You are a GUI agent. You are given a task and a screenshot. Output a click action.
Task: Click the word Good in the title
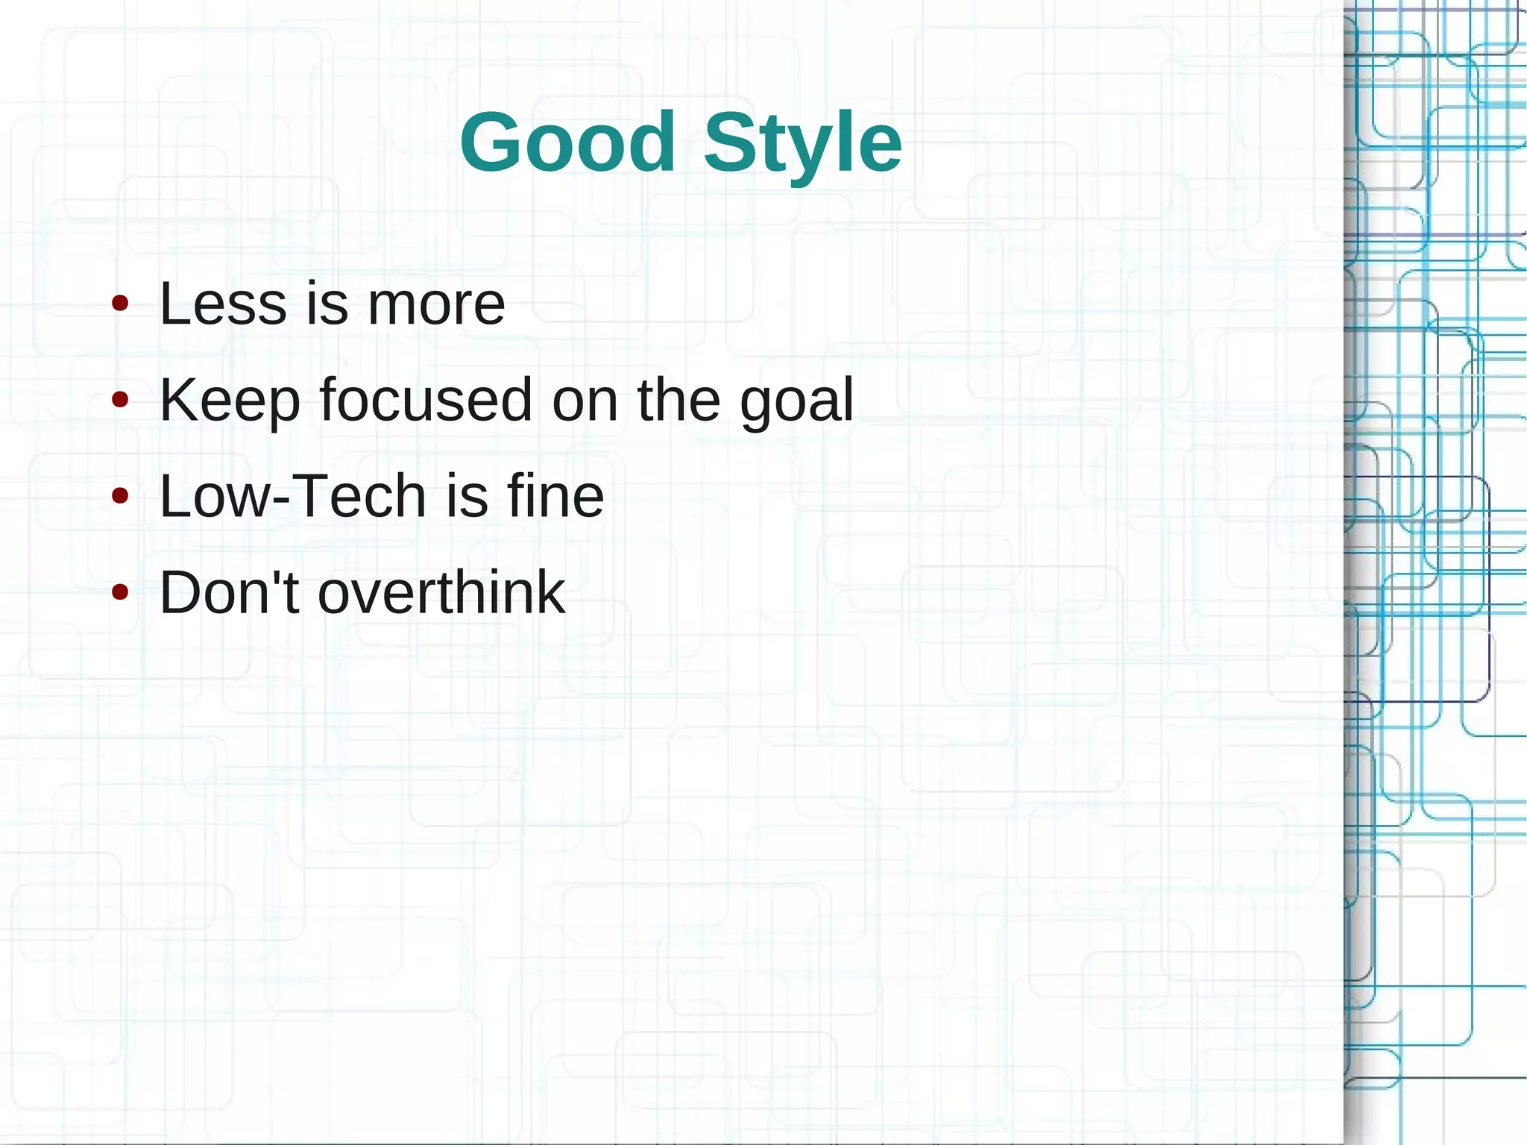567,142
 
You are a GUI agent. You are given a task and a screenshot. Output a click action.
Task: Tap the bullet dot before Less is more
120,304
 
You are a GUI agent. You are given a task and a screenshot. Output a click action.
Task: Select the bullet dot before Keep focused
120,401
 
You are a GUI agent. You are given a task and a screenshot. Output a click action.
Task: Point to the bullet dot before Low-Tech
120,496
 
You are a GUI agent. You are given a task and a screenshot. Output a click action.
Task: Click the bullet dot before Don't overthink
120,592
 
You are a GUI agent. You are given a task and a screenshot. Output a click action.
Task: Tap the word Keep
230,401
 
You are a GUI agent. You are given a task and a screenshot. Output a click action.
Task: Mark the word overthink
441,592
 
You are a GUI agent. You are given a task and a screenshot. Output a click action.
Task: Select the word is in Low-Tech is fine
466,496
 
